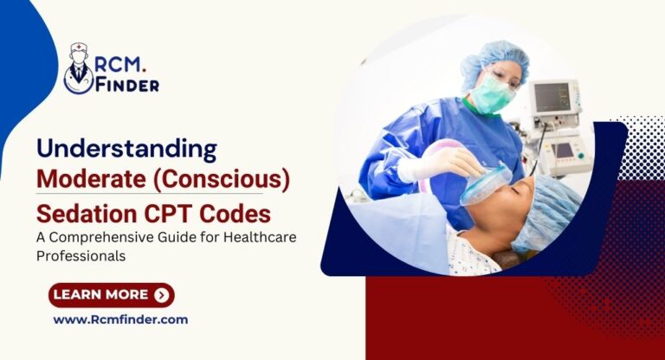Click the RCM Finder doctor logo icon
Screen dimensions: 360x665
80,68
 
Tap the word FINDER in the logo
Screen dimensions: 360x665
129,84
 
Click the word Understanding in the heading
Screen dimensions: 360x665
126,148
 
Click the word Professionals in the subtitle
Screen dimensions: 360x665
78,257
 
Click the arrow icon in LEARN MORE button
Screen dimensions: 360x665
161,295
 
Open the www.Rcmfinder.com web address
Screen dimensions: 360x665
120,319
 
